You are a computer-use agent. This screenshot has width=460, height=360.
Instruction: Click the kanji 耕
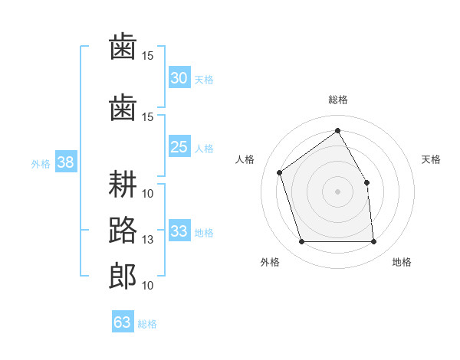(x=123, y=184)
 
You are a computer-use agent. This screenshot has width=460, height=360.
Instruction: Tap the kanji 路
(x=123, y=230)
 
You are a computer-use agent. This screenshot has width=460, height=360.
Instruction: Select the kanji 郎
(x=123, y=277)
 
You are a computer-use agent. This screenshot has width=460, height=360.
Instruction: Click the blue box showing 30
(x=179, y=77)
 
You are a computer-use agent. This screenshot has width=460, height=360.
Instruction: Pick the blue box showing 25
(x=179, y=146)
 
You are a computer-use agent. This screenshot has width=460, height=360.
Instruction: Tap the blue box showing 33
(x=179, y=230)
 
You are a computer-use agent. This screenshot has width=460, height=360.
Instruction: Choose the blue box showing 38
(x=66, y=162)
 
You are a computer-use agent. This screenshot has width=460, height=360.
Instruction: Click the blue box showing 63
(x=123, y=321)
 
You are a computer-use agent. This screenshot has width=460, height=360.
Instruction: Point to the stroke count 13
(x=147, y=240)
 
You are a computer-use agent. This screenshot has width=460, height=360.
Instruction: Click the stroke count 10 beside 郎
(x=147, y=285)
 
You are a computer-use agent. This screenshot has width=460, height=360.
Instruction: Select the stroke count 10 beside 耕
(x=147, y=194)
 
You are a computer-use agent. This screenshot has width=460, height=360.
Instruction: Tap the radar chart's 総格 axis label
(x=337, y=100)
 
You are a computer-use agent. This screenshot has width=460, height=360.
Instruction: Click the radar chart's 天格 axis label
(x=431, y=159)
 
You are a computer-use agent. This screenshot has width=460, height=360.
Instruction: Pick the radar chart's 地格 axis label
(x=402, y=262)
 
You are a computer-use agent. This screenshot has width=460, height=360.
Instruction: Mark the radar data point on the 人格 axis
(x=280, y=172)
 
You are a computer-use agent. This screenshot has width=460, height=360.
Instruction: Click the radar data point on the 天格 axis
(x=366, y=182)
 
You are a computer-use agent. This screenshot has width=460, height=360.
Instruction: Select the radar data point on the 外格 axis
(x=302, y=241)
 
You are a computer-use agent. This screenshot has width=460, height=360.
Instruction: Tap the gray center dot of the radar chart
(x=337, y=191)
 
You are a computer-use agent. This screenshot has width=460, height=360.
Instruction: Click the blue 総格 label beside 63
(x=147, y=324)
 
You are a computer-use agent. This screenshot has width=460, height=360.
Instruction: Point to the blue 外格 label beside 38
(x=41, y=164)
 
